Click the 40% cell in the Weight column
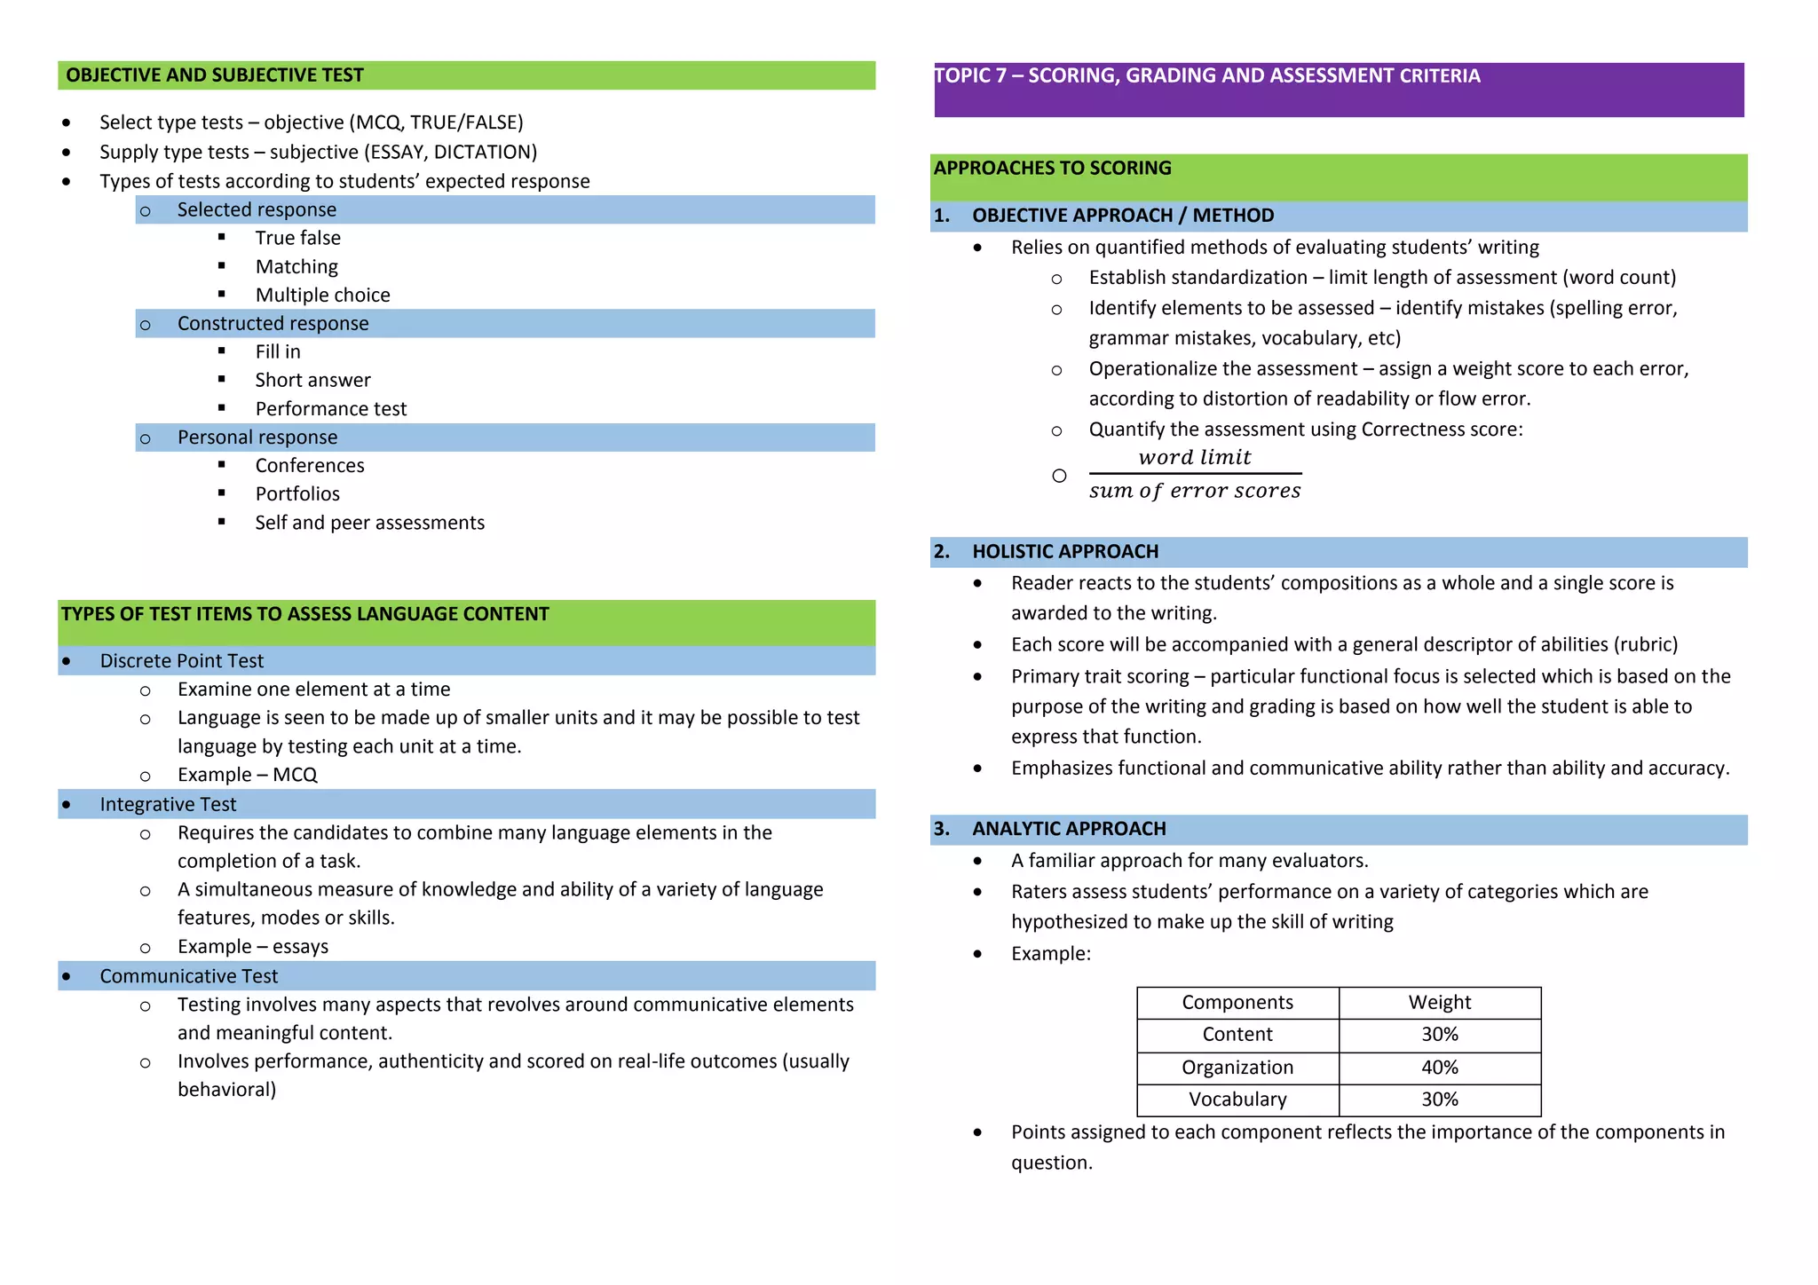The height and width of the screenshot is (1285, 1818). pyautogui.click(x=1439, y=1067)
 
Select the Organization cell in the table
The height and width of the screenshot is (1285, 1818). pyautogui.click(x=1237, y=1067)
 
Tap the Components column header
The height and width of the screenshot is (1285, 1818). pyautogui.click(x=1237, y=1002)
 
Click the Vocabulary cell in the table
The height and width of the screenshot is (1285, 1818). pyautogui.click(x=1237, y=1099)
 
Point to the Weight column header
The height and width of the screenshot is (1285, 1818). pyautogui.click(x=1439, y=1002)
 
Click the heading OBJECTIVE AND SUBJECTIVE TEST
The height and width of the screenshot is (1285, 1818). pyautogui.click(x=215, y=75)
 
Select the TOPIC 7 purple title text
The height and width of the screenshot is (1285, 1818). pyautogui.click(x=1206, y=76)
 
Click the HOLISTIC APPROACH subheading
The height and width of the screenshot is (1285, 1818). pyautogui.click(x=1064, y=551)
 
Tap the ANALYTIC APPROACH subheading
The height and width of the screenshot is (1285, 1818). pyautogui.click(x=1068, y=828)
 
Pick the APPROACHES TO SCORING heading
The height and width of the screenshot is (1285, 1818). pyautogui.click(x=1052, y=168)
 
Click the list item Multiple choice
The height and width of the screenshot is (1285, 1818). pyautogui.click(x=322, y=295)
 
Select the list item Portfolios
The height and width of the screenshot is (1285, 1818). pyautogui.click(x=297, y=493)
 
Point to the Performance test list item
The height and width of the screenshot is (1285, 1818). pyautogui.click(x=330, y=408)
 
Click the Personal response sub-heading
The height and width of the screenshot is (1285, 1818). pyautogui.click(x=257, y=437)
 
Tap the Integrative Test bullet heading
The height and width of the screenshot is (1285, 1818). pyautogui.click(x=168, y=804)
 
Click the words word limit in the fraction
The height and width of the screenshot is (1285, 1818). pyautogui.click(x=1194, y=457)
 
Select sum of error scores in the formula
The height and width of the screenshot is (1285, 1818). pyautogui.click(x=1194, y=491)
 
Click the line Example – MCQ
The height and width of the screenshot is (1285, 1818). pyautogui.click(x=247, y=775)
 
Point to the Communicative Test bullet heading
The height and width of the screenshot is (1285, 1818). pyautogui.click(x=188, y=976)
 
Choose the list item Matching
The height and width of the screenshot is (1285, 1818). pyautogui.click(x=296, y=266)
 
